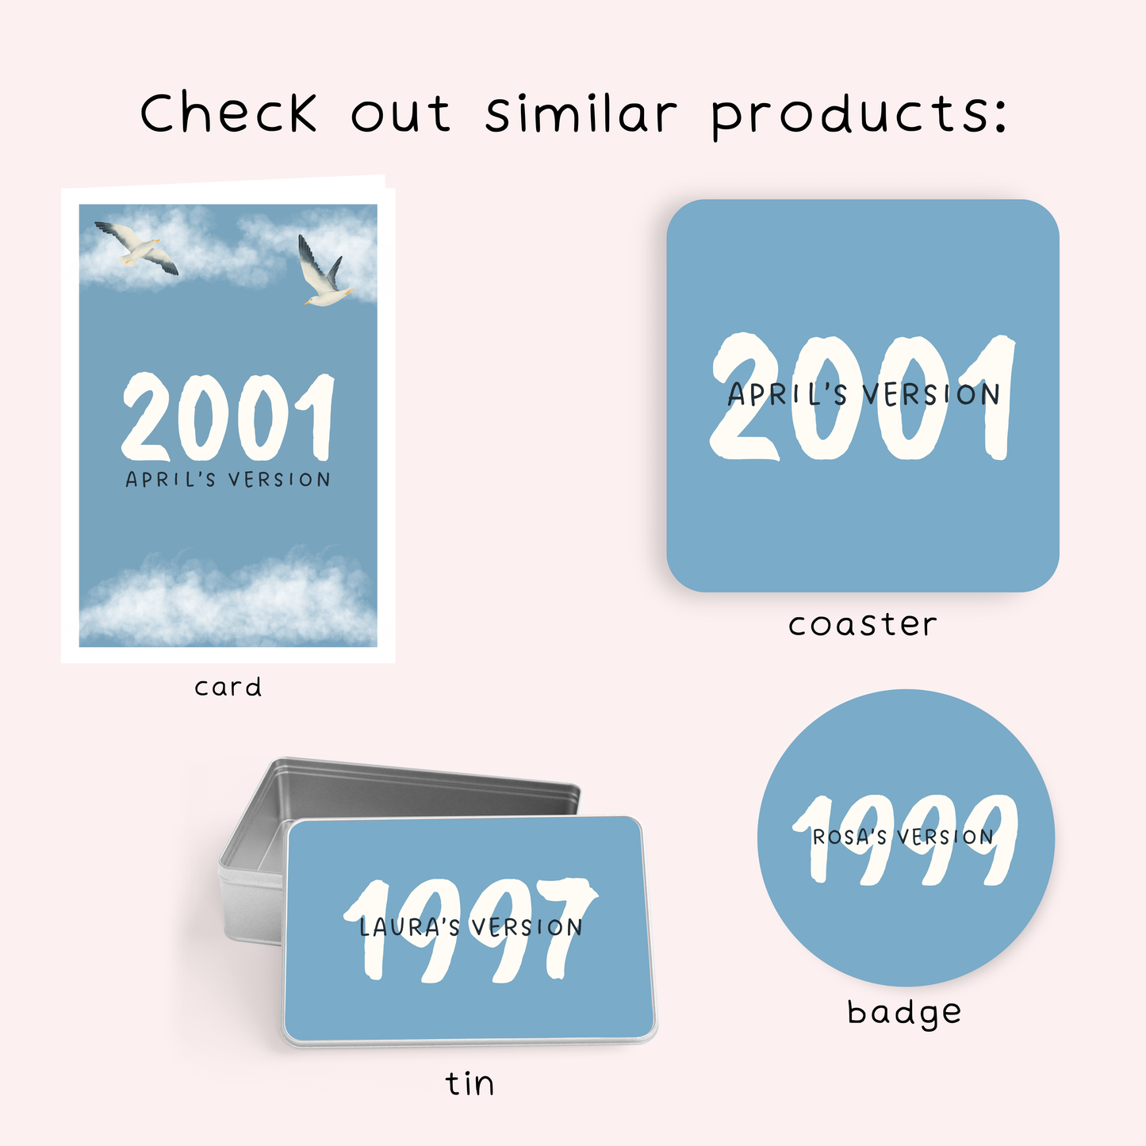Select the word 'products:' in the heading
point(859,116)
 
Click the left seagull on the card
point(136,247)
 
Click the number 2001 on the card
point(228,417)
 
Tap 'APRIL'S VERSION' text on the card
point(228,479)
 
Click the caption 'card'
point(228,688)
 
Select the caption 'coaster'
point(862,624)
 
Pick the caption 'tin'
point(470,1083)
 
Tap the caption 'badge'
point(904,1013)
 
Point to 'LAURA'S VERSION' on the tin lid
point(470,927)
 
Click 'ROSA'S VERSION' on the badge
point(903,837)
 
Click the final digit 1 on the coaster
point(991,397)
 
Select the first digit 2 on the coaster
point(745,397)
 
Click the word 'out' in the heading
point(401,115)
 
